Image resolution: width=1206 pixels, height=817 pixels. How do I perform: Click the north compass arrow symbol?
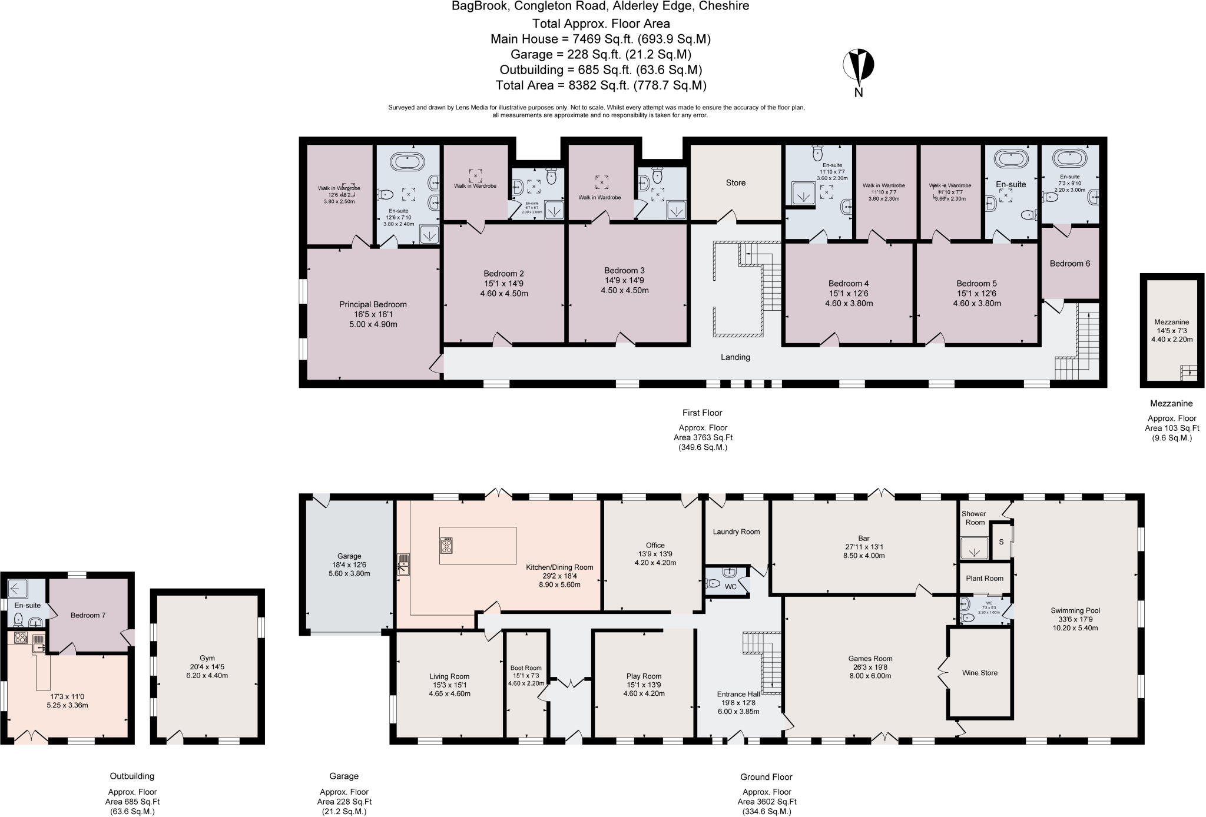point(859,66)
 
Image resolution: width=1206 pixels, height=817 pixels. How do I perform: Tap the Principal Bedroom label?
point(373,305)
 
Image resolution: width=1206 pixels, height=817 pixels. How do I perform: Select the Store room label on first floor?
point(735,183)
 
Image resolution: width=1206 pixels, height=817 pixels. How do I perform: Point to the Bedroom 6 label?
point(1069,264)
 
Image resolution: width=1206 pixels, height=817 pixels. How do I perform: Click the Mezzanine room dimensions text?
point(1171,336)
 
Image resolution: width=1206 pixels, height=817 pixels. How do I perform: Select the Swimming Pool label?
point(1075,610)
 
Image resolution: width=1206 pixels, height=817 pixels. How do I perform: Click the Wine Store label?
point(980,673)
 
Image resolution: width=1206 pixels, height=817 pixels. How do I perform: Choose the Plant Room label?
point(985,579)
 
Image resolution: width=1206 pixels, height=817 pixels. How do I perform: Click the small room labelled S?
point(1001,542)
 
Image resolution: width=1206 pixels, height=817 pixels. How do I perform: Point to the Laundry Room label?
point(736,532)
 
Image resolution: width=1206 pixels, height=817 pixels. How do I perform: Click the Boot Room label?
point(526,668)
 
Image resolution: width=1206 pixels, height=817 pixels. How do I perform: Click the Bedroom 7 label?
point(88,616)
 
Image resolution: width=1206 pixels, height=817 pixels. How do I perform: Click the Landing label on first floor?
point(735,357)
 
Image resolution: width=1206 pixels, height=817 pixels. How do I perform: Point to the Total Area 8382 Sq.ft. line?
point(601,85)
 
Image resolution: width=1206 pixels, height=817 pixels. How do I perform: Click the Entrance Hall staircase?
point(764,662)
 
